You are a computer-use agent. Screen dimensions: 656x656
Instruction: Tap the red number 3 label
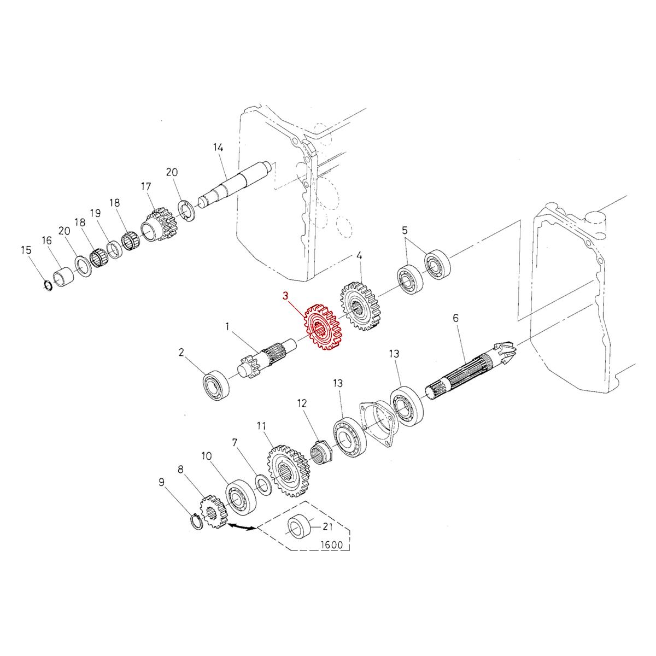coord(285,296)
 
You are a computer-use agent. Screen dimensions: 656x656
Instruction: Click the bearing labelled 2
coord(216,385)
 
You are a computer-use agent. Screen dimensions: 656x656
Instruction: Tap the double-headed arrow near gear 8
coord(241,527)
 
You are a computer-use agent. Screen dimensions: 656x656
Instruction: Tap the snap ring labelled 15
coord(47,285)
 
